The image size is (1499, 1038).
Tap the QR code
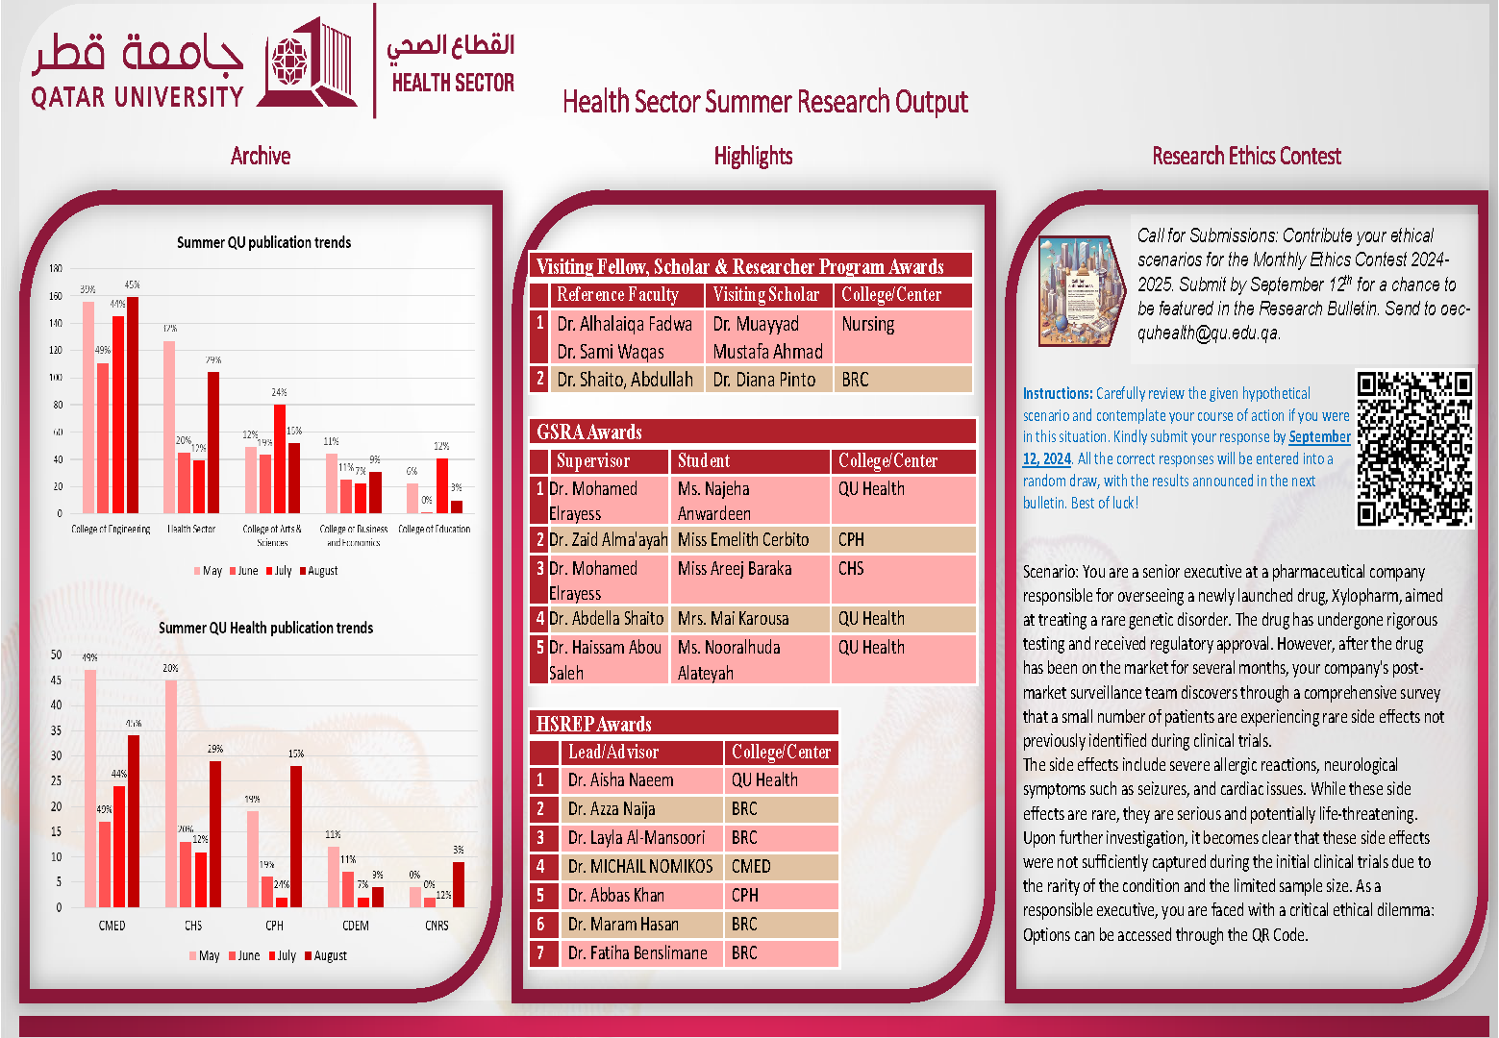tap(1414, 449)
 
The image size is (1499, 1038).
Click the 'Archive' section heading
tap(261, 156)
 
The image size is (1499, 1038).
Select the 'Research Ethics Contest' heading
tap(1246, 156)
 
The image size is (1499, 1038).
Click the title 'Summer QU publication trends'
tap(263, 243)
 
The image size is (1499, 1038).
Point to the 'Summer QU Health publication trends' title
tap(265, 628)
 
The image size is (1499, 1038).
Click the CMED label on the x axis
tap(112, 926)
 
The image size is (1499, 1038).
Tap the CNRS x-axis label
tap(437, 926)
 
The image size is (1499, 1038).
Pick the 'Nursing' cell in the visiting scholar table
tap(868, 325)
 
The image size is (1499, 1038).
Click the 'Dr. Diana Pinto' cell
tap(764, 380)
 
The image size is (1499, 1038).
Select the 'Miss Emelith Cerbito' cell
tap(743, 540)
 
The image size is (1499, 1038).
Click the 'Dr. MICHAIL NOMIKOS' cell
tap(640, 867)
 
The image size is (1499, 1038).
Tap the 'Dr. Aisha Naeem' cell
tap(620, 780)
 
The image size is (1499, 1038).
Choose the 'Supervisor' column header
tap(593, 461)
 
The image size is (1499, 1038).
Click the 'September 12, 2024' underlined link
tap(1319, 437)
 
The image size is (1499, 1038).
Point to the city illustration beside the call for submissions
tap(1081, 290)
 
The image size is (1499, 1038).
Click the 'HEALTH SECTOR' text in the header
tap(453, 84)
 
